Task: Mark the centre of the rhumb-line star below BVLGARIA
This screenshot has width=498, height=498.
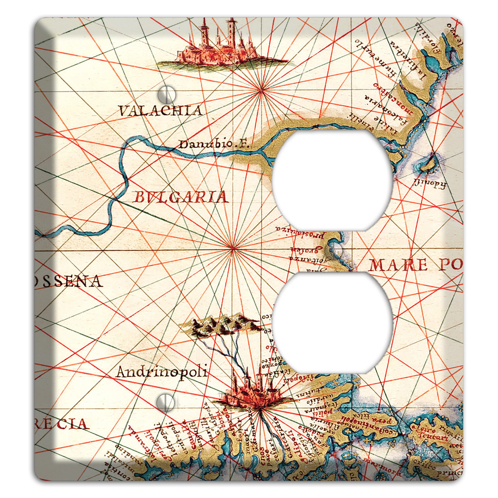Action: (x=233, y=249)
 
